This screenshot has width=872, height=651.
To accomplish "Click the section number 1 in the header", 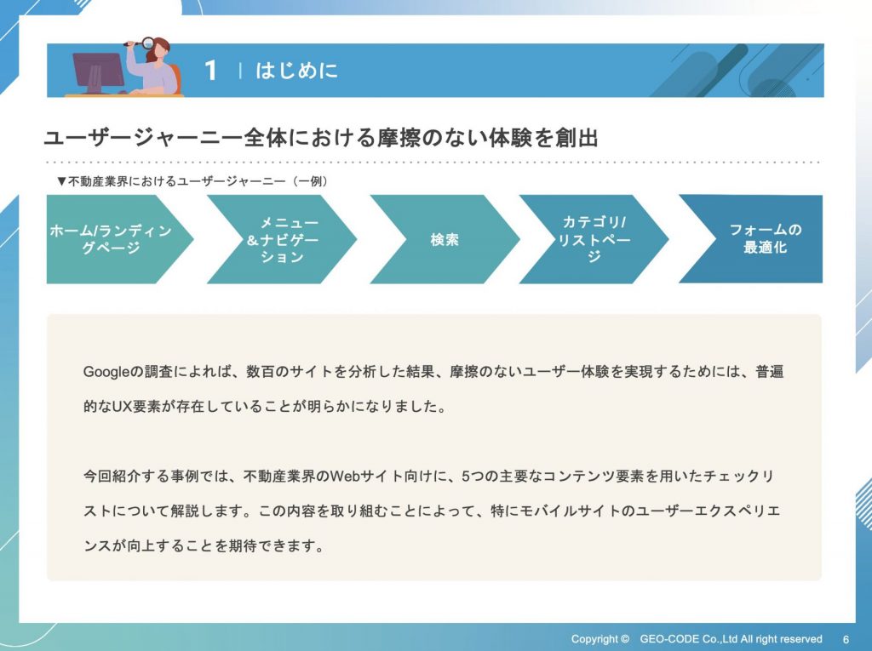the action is tap(210, 71).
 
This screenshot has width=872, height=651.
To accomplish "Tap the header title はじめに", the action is tap(296, 71).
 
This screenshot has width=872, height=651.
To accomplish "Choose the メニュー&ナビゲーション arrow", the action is tap(282, 239).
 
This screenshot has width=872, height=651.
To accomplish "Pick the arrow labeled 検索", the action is tap(445, 239).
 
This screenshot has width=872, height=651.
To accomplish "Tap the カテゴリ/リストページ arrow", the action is tap(594, 239).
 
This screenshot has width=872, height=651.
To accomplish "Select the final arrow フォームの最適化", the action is tap(751, 239).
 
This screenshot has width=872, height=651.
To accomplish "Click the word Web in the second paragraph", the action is tap(346, 477).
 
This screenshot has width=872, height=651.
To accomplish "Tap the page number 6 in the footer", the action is tap(846, 639).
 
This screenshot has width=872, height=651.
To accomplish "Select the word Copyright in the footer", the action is tap(594, 639).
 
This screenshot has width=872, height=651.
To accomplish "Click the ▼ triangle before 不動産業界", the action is tap(61, 181).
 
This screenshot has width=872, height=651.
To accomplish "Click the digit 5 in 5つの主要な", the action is tap(466, 477).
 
